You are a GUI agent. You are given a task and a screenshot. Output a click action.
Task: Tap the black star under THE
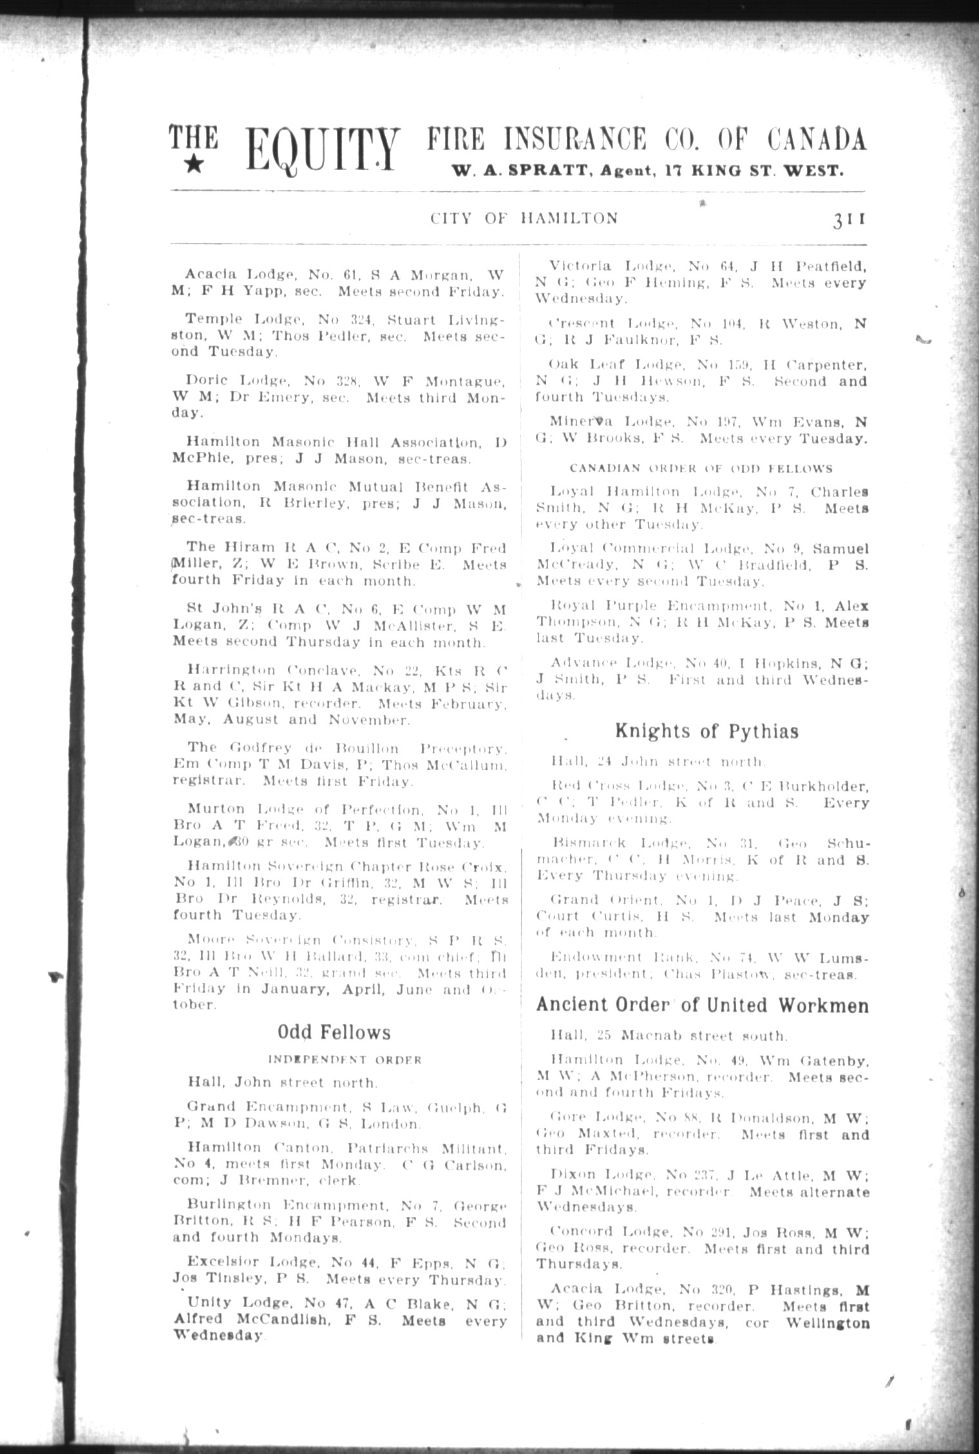pyautogui.click(x=195, y=166)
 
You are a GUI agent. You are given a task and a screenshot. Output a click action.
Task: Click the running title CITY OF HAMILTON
pyautogui.click(x=524, y=219)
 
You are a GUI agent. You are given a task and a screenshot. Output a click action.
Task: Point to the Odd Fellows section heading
pyautogui.click(x=334, y=1033)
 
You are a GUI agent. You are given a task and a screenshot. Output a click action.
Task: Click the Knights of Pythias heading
pyautogui.click(x=707, y=731)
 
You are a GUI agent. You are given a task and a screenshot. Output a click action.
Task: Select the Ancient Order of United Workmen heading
pyautogui.click(x=703, y=1005)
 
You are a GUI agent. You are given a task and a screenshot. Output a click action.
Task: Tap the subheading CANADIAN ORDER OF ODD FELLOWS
pyautogui.click(x=701, y=469)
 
